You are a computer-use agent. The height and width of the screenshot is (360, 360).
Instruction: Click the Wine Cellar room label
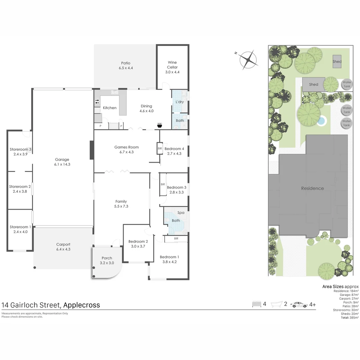172,65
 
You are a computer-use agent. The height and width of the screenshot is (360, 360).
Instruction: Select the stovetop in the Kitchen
97,101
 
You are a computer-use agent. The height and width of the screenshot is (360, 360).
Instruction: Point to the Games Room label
127,147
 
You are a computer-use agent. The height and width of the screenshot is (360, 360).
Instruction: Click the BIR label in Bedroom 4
160,149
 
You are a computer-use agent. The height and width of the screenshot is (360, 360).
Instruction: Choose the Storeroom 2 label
20,186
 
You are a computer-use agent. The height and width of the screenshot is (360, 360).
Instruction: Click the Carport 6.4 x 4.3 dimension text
63,249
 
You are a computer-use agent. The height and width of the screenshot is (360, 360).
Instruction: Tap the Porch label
107,258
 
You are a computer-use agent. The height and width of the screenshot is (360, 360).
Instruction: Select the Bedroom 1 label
169,257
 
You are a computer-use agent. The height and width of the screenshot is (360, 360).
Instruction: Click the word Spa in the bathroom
181,213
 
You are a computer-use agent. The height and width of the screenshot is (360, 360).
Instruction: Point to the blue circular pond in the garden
321,121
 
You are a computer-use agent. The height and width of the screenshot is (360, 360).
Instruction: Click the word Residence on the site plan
312,188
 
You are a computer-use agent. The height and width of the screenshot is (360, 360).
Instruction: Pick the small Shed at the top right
337,61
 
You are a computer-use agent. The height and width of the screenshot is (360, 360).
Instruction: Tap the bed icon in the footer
257,304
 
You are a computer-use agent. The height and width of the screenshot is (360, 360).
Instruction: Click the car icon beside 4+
299,305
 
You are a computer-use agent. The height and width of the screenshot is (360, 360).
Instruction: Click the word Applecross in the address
82,305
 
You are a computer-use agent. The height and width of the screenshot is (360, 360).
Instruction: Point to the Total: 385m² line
350,318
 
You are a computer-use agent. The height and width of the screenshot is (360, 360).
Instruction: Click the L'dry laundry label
180,102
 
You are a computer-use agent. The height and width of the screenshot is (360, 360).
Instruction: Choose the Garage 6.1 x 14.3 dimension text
62,164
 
